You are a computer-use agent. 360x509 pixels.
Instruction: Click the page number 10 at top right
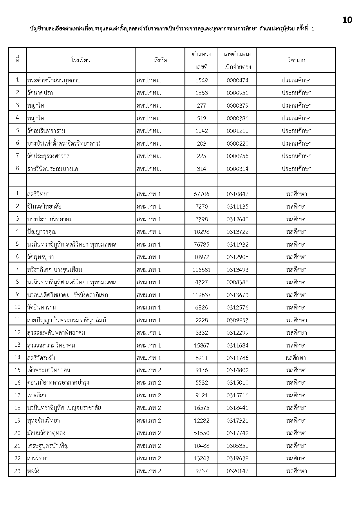tap(347, 20)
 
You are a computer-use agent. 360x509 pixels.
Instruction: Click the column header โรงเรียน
tap(81, 60)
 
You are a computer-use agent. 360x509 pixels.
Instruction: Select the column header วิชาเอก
tap(296, 60)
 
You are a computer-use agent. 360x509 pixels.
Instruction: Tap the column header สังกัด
tap(160, 60)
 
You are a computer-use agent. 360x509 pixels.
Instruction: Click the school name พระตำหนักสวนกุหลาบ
tap(54, 80)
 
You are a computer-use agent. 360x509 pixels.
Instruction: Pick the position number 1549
tap(201, 80)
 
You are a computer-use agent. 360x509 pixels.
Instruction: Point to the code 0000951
tap(237, 93)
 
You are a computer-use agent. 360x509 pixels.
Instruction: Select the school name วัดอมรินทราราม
tap(46, 131)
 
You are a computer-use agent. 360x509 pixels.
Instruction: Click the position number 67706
tap(201, 194)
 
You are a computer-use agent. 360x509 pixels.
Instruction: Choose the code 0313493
tap(237, 270)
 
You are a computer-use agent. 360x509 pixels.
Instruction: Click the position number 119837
tap(201, 295)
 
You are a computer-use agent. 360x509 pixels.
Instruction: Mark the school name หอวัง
tap(33, 471)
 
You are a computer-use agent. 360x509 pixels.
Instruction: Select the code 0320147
tap(237, 471)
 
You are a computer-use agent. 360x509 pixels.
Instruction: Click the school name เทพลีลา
tap(37, 395)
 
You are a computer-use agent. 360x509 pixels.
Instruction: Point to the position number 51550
tap(201, 433)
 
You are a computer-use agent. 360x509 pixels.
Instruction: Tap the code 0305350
tap(237, 446)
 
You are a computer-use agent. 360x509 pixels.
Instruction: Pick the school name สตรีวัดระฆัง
tap(41, 358)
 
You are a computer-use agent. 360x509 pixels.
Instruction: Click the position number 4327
tap(201, 282)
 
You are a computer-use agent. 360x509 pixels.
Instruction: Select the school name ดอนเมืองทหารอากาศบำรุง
tap(58, 383)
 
